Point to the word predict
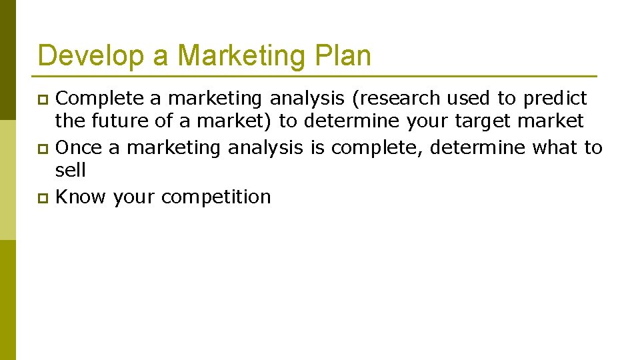(555, 99)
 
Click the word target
(483, 122)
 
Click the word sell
(71, 170)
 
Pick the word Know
(81, 197)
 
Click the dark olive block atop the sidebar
(7, 60)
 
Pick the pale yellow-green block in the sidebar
(7, 180)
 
